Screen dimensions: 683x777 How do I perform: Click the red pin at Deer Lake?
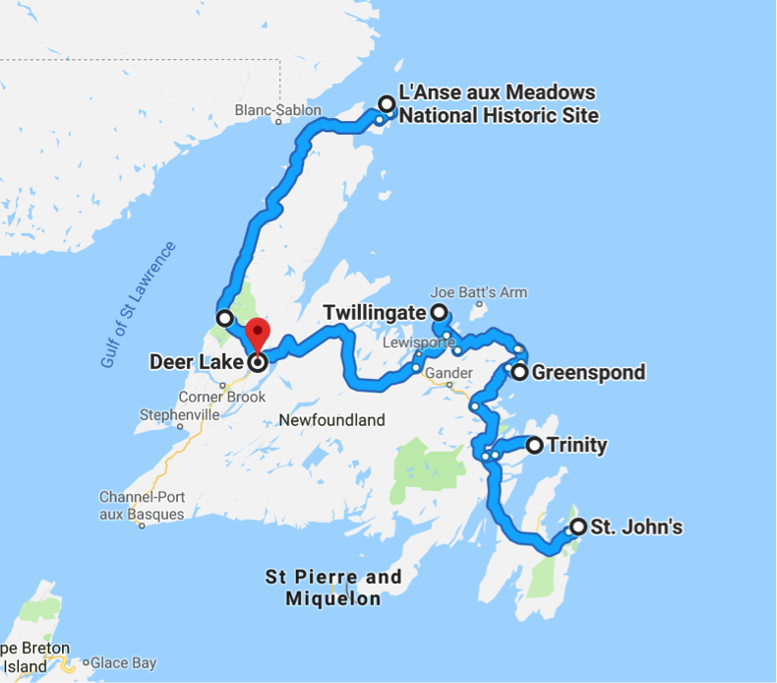pos(257,333)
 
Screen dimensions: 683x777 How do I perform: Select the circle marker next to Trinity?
pos(535,446)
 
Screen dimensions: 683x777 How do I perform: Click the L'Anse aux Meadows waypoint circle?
pos(388,103)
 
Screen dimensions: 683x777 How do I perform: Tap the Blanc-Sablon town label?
pos(278,110)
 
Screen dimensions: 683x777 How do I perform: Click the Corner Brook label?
pos(222,398)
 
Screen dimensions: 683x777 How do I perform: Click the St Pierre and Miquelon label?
pos(334,588)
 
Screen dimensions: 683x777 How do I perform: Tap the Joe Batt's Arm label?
pos(479,292)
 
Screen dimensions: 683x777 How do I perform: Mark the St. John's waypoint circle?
pos(577,527)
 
